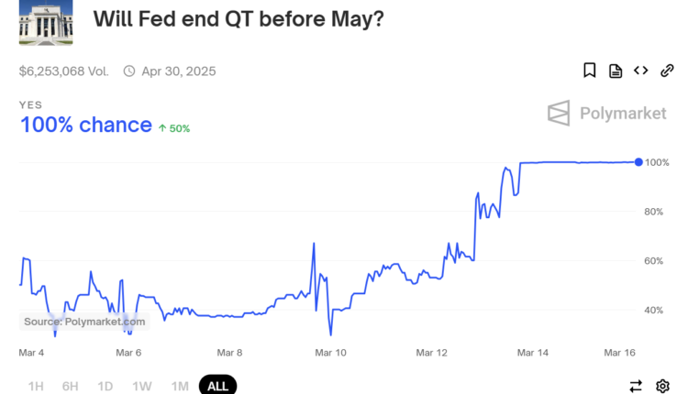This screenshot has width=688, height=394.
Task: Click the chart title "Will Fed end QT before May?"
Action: point(238,20)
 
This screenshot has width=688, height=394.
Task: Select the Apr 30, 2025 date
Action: point(178,71)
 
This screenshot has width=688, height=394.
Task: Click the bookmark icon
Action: point(590,71)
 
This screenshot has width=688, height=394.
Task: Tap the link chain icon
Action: point(668,71)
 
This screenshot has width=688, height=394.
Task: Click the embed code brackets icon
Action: point(641,71)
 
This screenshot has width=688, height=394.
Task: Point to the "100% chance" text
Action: point(86,125)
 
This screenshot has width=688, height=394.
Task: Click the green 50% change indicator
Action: point(174,128)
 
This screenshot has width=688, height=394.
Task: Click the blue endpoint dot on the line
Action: point(638,162)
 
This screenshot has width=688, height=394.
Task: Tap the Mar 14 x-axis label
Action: point(532,352)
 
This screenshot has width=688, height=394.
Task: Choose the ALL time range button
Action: point(217,386)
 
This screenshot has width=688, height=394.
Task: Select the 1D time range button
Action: point(105,386)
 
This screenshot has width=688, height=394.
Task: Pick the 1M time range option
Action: point(180,386)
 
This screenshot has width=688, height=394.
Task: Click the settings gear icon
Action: point(663,386)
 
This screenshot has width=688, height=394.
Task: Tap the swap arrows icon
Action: point(636,386)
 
